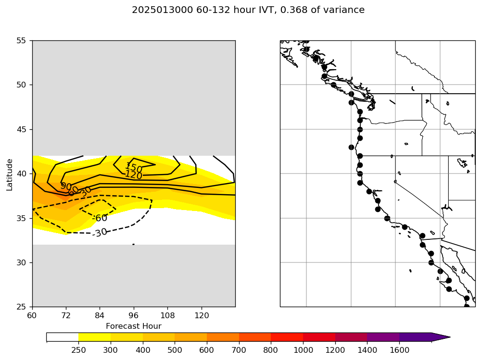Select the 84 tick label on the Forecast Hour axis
(x=100, y=316)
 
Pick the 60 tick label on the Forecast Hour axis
(x=32, y=316)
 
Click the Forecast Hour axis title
(x=133, y=326)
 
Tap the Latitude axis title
(x=10, y=174)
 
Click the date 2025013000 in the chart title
(x=163, y=10)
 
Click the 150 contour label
(x=134, y=168)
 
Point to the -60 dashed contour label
(x=100, y=218)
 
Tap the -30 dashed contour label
(x=100, y=233)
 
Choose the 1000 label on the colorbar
(x=303, y=350)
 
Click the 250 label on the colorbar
(x=78, y=350)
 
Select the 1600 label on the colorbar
(x=399, y=350)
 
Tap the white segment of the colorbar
(x=63, y=337)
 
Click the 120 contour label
(x=133, y=175)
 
